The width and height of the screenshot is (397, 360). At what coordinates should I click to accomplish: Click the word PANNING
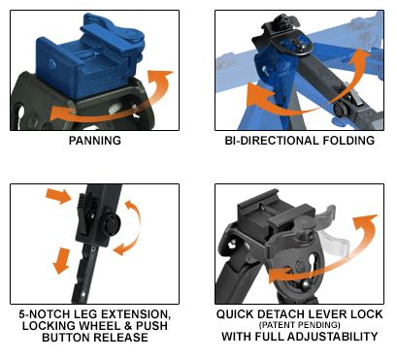95,141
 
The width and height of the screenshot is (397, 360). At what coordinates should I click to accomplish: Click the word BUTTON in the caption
67,338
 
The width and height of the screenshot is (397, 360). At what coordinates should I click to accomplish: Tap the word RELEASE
121,338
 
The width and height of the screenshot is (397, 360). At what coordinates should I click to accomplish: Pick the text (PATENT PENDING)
300,325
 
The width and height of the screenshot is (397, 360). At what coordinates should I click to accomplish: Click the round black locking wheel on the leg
112,223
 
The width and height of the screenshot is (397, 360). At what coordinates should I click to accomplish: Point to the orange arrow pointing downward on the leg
61,261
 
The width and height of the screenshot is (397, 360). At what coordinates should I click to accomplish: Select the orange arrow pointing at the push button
59,196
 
